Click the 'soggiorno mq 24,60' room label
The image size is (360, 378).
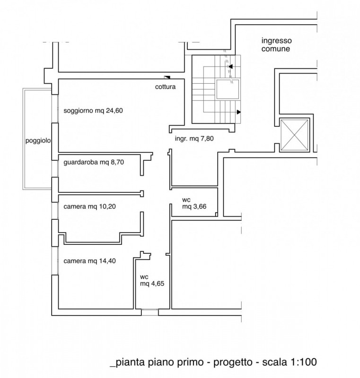click(x=93, y=111)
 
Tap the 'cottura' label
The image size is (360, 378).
click(x=165, y=87)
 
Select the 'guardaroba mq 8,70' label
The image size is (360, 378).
click(x=94, y=162)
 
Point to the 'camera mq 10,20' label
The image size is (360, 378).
click(x=89, y=206)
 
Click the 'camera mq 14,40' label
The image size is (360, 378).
click(x=89, y=261)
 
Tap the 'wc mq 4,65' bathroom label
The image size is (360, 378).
click(x=152, y=280)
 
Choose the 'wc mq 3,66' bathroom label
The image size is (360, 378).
click(x=194, y=203)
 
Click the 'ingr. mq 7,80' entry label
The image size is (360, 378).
click(x=194, y=138)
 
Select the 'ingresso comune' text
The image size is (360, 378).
click(x=277, y=44)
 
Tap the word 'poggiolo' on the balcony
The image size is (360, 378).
click(x=38, y=140)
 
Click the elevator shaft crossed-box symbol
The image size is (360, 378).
click(x=294, y=135)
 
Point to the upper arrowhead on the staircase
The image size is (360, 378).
click(x=230, y=66)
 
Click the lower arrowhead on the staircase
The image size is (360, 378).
click(x=238, y=112)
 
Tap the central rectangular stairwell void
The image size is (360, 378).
click(x=228, y=89)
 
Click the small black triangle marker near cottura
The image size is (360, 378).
click(x=167, y=77)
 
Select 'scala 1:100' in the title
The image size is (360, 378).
click(x=290, y=362)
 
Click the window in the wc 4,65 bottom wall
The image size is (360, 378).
click(x=150, y=312)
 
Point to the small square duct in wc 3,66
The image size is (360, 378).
click(x=217, y=215)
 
